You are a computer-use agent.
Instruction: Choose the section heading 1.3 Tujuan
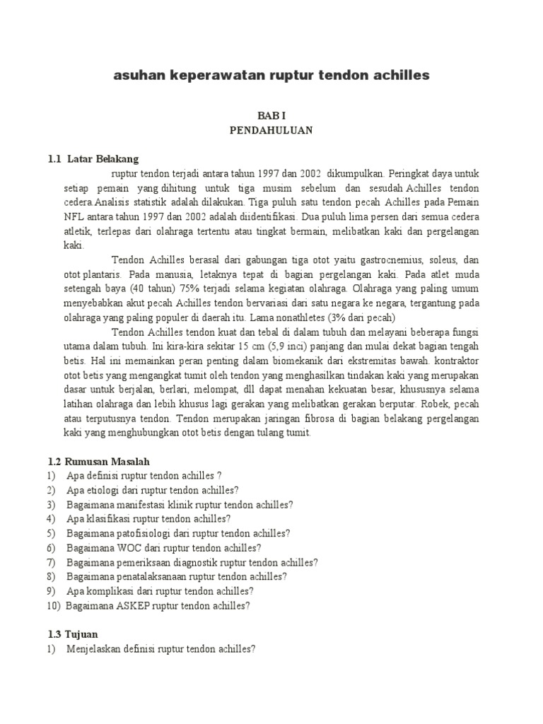(74, 633)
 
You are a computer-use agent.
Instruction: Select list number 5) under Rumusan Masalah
(51, 533)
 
